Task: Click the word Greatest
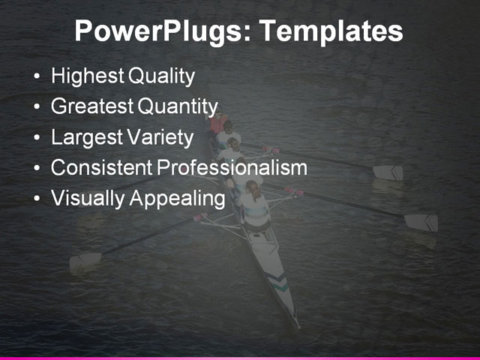(x=91, y=106)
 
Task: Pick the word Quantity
(x=177, y=106)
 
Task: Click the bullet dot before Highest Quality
(x=38, y=77)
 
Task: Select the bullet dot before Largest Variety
(x=38, y=138)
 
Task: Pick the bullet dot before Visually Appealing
(x=38, y=199)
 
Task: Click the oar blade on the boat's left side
(x=85, y=260)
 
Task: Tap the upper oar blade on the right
(x=388, y=172)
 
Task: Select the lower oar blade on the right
(x=421, y=222)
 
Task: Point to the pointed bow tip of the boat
(x=298, y=325)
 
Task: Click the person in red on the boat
(x=218, y=123)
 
